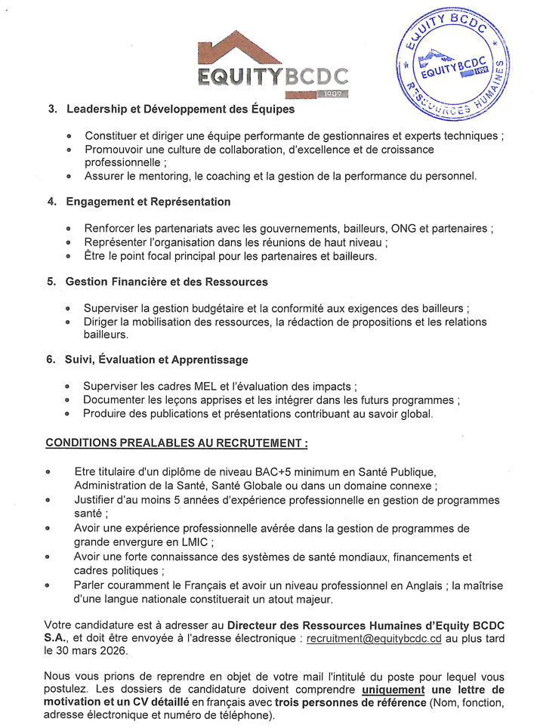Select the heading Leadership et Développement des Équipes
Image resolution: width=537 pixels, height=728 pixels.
(181, 109)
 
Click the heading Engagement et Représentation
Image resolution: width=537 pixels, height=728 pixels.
(148, 202)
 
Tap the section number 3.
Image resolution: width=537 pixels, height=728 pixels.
(52, 109)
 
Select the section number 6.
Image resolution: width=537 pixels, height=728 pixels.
(51, 360)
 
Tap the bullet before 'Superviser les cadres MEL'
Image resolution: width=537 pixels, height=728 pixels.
(67, 386)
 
